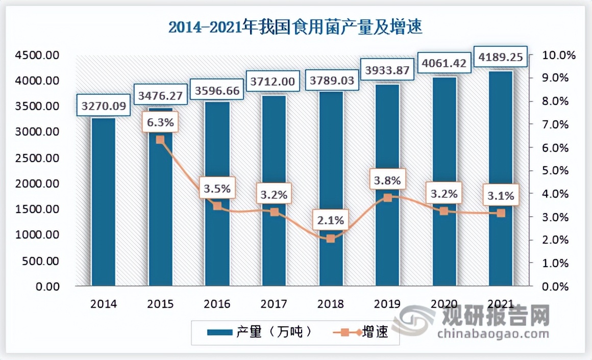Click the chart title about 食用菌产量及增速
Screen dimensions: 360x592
point(295,27)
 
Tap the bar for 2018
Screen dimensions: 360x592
point(331,189)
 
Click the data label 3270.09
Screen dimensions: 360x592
point(104,107)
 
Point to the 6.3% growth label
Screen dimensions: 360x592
point(160,122)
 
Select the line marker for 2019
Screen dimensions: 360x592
point(388,198)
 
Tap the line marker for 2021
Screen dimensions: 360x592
point(501,213)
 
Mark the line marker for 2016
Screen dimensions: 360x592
point(217,206)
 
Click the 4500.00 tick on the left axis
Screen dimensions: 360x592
point(39,55)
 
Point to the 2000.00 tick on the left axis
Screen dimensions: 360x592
point(39,184)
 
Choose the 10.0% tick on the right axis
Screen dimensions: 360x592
point(547,55)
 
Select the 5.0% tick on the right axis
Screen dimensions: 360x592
point(547,171)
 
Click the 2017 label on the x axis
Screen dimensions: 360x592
point(274,304)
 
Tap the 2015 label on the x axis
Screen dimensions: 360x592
point(160,304)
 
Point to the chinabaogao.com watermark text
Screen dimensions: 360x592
point(492,334)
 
